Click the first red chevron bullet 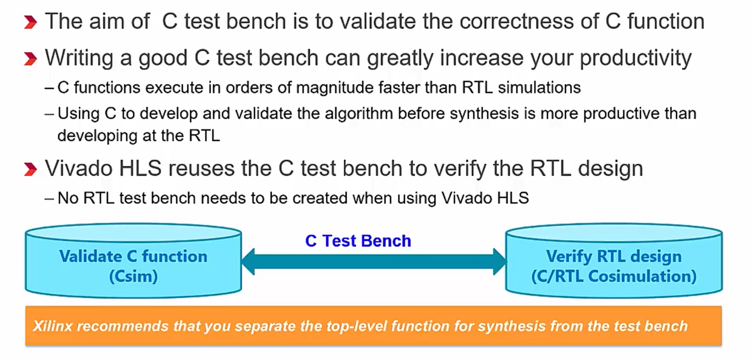(x=31, y=23)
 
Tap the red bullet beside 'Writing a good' (x=31, y=59)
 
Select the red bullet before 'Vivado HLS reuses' (x=31, y=169)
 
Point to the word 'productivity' (x=635, y=58)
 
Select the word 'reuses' (x=201, y=168)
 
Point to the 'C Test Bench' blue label (x=358, y=241)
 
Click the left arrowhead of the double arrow (x=249, y=261)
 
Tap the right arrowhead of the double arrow (x=500, y=261)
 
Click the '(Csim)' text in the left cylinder (x=133, y=276)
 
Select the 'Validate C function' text (x=133, y=256)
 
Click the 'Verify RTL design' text (x=614, y=256)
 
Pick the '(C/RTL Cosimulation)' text (x=614, y=276)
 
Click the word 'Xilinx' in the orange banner (x=53, y=326)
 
